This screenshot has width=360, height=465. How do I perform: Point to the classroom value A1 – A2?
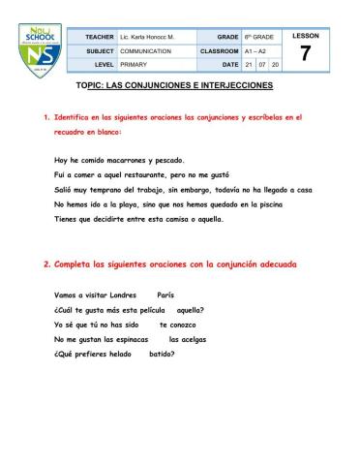254,49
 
